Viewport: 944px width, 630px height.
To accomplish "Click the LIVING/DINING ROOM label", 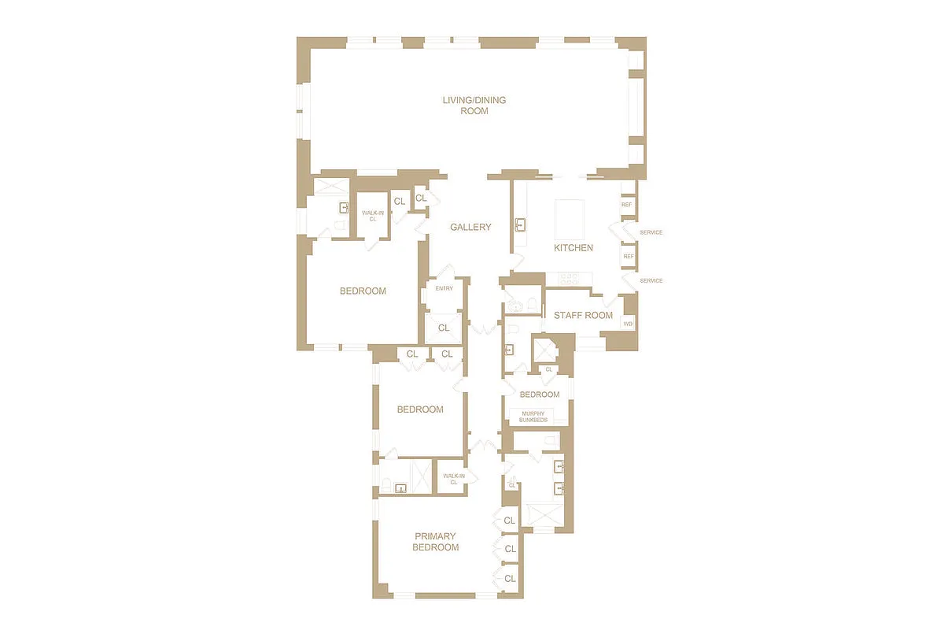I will pos(474,106).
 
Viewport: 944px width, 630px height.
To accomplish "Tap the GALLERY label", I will pos(470,228).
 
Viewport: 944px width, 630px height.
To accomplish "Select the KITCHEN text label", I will pos(573,248).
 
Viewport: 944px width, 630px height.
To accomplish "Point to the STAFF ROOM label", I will pos(583,316).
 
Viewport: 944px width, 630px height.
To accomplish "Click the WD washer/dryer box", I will pos(628,324).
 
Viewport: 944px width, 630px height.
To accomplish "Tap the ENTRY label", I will pos(444,288).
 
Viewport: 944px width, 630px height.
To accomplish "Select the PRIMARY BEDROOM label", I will pos(436,542).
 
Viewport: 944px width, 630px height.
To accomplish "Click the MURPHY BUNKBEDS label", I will pos(533,417).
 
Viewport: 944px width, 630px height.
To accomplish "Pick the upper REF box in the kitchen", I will pos(627,205).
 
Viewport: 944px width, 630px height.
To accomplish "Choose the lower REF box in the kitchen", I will pos(629,257).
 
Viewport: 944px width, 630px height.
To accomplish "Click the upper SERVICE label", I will pos(651,233).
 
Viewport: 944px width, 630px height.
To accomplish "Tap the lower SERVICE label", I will pos(651,281).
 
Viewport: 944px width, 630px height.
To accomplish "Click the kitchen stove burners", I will pos(569,278).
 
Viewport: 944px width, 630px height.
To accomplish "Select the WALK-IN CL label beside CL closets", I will pos(370,216).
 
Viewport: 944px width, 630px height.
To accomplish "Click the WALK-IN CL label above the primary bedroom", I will pos(453,479).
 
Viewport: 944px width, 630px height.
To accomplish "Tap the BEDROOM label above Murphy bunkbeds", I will pos(540,395).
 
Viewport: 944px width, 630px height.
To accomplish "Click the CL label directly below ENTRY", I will pos(444,328).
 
